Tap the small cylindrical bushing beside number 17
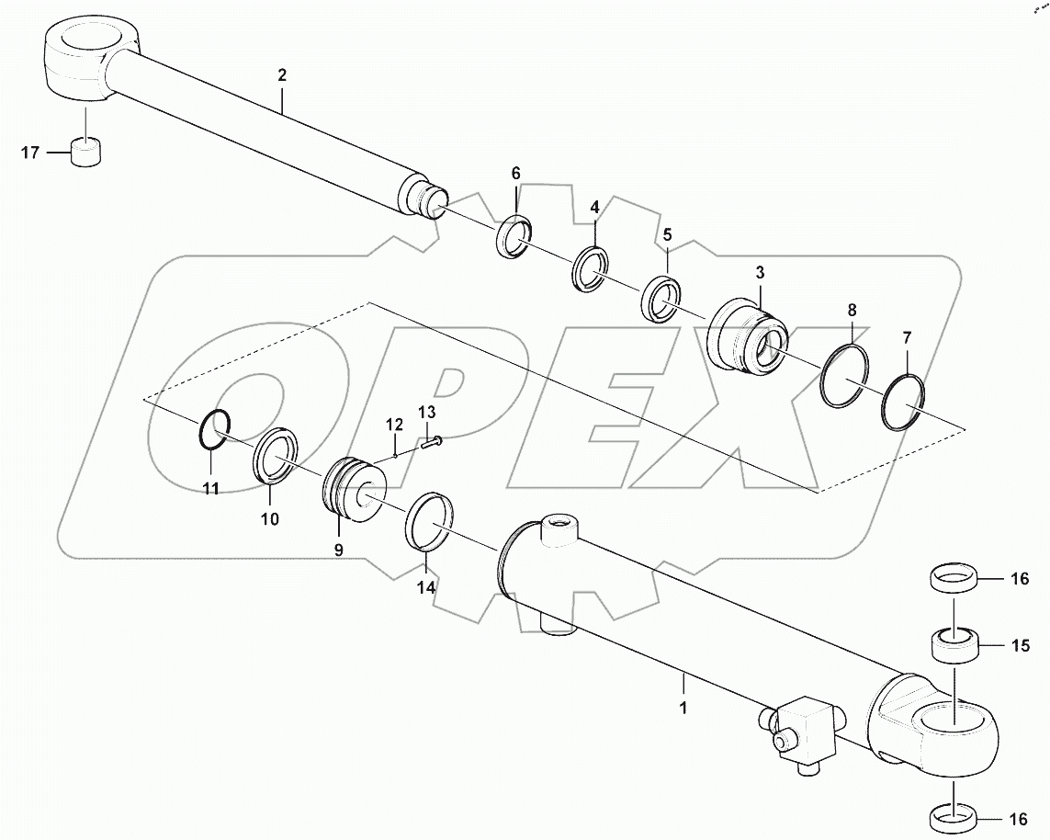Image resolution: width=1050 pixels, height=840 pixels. (85, 150)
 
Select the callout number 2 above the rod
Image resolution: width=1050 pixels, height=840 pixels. (282, 75)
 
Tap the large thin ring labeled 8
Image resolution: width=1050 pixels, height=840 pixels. (841, 377)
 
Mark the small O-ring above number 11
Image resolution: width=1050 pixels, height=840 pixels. (214, 429)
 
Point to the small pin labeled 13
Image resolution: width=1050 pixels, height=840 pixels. (432, 443)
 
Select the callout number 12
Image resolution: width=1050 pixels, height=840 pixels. (394, 425)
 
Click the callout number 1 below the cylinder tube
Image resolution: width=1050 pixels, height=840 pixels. (683, 708)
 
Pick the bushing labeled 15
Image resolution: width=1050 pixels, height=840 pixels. (954, 644)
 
